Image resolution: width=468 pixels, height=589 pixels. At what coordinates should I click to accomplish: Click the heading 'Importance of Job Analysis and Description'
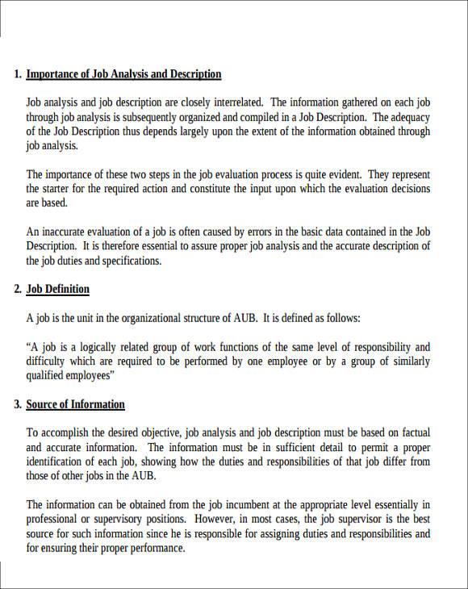[123, 74]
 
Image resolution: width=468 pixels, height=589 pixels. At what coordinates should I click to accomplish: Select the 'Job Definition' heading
[58, 289]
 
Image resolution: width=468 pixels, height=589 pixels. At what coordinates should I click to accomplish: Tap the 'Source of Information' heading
[75, 404]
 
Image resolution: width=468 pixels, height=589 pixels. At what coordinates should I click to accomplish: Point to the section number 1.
[18, 74]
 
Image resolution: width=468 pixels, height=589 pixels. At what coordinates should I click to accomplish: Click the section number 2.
[18, 289]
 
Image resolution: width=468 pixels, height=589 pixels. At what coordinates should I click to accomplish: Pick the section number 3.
[18, 404]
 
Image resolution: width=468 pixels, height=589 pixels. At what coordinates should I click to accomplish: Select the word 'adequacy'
[410, 117]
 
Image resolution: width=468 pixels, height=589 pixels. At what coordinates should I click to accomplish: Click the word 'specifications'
[130, 261]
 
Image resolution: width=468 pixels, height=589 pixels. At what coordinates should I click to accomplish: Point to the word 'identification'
[59, 462]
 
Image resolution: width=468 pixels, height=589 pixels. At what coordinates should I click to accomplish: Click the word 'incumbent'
[219, 505]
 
